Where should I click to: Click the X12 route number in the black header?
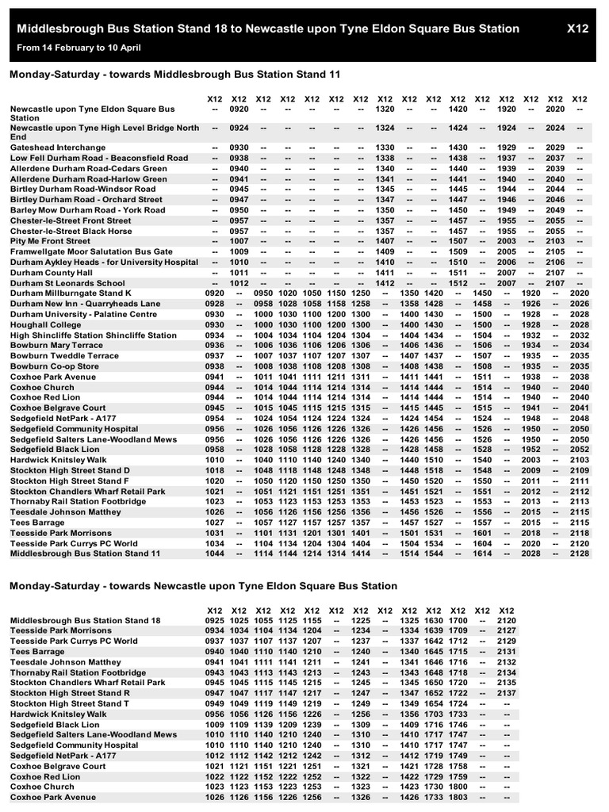[x=578, y=29]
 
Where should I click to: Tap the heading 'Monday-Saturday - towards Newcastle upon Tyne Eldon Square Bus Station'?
[x=203, y=586]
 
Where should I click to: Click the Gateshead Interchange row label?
[x=58, y=147]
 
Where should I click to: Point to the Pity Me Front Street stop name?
[x=51, y=241]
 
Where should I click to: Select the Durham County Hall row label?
[x=52, y=272]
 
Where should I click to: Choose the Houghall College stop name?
[x=45, y=324]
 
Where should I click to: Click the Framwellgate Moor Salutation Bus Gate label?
[x=91, y=251]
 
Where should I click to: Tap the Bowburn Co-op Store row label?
[x=55, y=366]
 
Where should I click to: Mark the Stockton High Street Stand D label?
[x=70, y=470]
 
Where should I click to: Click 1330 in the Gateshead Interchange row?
[x=385, y=147]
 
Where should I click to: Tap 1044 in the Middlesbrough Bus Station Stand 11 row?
[x=214, y=553]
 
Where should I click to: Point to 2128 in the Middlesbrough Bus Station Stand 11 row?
[x=580, y=553]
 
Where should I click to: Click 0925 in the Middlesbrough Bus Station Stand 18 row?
[x=215, y=620]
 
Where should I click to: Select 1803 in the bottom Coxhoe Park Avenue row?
[x=457, y=797]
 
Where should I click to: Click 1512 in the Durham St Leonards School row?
[x=458, y=283]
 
